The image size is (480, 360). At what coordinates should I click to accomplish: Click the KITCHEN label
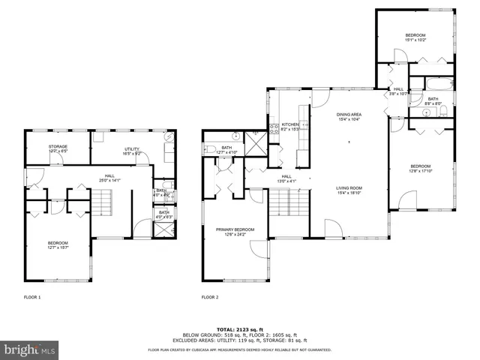click(x=290, y=126)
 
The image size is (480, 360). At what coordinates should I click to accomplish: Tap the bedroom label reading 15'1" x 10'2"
click(x=415, y=37)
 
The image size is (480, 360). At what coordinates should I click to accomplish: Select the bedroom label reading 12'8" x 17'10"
click(x=420, y=167)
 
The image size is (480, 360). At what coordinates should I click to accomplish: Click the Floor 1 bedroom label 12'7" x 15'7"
click(x=58, y=244)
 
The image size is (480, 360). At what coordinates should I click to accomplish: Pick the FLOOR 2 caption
click(x=210, y=298)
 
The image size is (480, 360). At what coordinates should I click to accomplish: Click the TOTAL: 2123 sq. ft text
click(x=239, y=329)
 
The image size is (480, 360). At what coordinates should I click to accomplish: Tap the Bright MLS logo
click(x=29, y=349)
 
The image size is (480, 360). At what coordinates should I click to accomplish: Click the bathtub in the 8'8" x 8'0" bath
click(x=433, y=85)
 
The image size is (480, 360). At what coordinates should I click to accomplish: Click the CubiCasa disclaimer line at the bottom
click(x=239, y=349)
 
